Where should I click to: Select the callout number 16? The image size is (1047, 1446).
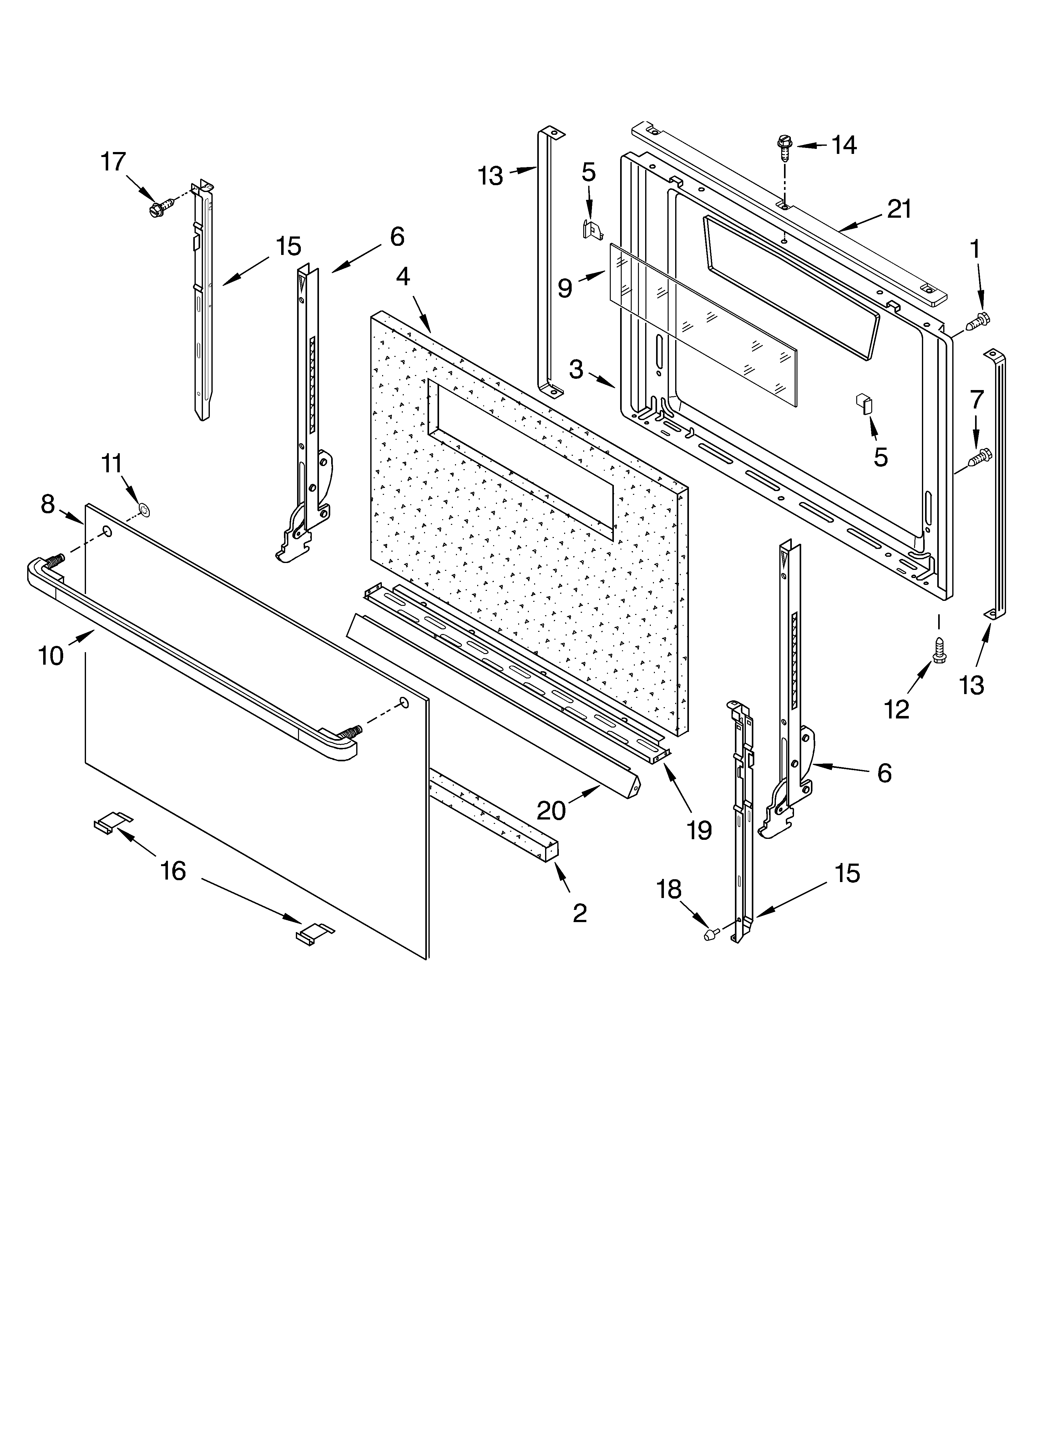click(173, 870)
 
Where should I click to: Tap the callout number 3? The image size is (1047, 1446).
click(576, 369)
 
